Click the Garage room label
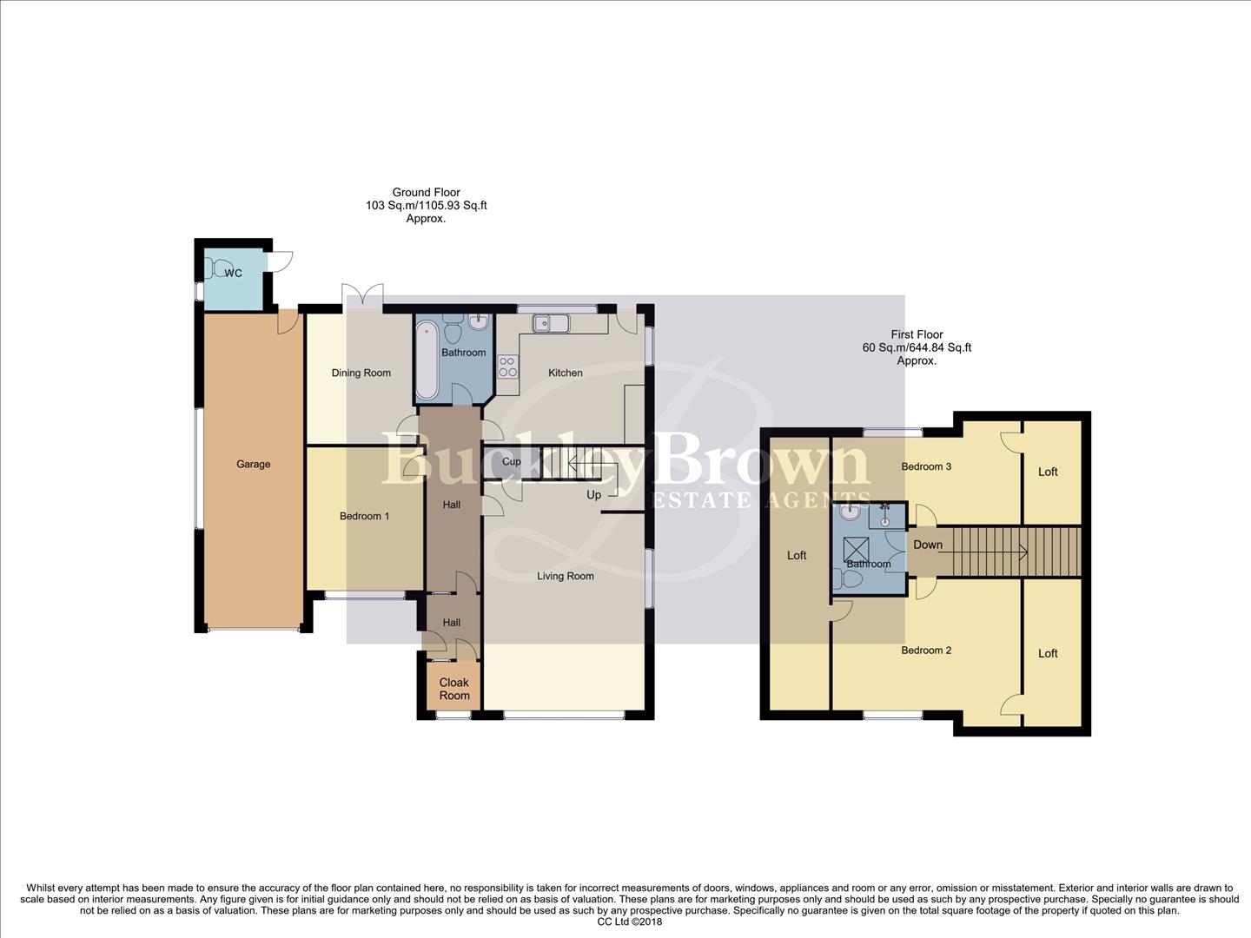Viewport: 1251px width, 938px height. pyautogui.click(x=253, y=464)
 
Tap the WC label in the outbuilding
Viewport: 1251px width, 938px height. pyautogui.click(x=233, y=273)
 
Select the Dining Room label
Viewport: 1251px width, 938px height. pyautogui.click(x=361, y=373)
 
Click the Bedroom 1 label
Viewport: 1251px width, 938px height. pyautogui.click(x=364, y=516)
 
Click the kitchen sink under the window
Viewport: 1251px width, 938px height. pyautogui.click(x=551, y=324)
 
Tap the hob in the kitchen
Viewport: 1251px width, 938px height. pyautogui.click(x=507, y=367)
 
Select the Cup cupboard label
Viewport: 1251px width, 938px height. pyautogui.click(x=512, y=461)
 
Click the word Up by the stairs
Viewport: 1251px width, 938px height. pyautogui.click(x=593, y=495)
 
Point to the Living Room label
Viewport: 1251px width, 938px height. pyautogui.click(x=565, y=576)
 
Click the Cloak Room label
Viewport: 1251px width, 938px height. pyautogui.click(x=453, y=689)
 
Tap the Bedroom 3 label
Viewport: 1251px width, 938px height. pyautogui.click(x=925, y=466)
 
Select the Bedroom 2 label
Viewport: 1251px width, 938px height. pyautogui.click(x=925, y=651)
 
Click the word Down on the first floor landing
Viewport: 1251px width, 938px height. pyautogui.click(x=927, y=545)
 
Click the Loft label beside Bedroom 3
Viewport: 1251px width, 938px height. pyautogui.click(x=1048, y=472)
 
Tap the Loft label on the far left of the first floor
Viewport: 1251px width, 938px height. pyautogui.click(x=797, y=555)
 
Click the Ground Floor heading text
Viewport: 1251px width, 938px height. pyautogui.click(x=426, y=193)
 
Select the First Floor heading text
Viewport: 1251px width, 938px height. pyautogui.click(x=917, y=334)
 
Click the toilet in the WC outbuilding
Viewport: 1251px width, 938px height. pyautogui.click(x=221, y=268)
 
